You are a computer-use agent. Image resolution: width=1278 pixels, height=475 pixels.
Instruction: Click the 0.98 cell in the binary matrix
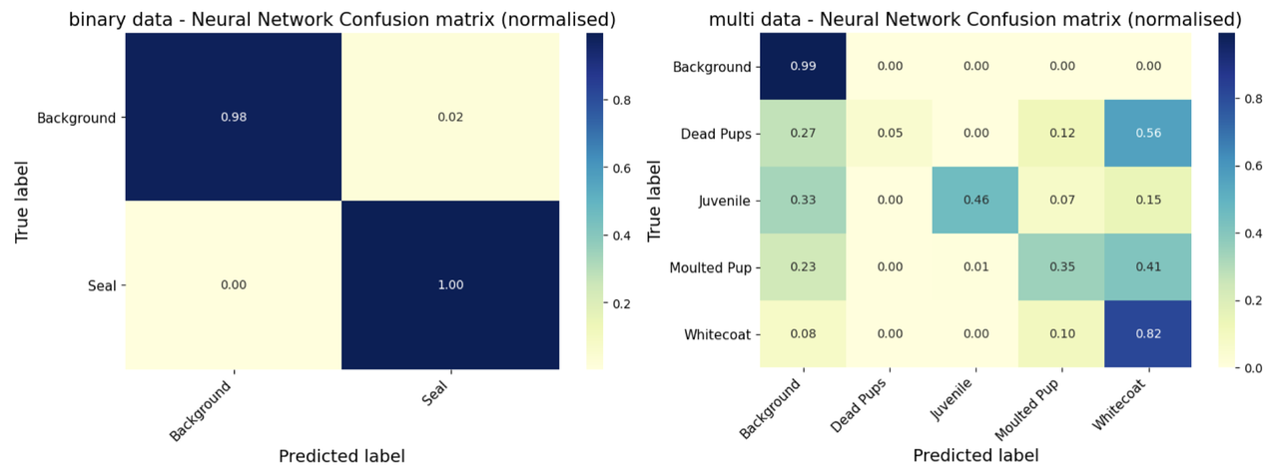tap(233, 117)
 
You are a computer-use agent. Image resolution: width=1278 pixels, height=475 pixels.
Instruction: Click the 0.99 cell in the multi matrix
tap(803, 67)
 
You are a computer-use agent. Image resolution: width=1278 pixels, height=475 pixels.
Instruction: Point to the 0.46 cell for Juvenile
tap(975, 201)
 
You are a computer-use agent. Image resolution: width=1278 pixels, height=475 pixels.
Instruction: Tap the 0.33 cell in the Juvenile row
tap(803, 201)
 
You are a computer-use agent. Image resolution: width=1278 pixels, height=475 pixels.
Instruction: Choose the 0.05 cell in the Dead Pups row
tap(890, 134)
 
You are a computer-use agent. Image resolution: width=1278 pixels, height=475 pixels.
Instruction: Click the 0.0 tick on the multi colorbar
tap(1244, 368)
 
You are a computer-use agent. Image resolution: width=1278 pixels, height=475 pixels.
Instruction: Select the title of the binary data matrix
tap(341, 19)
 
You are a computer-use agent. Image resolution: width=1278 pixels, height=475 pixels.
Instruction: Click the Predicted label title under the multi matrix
tap(975, 455)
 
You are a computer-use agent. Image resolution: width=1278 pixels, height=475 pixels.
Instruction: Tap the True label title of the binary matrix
tap(21, 202)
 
